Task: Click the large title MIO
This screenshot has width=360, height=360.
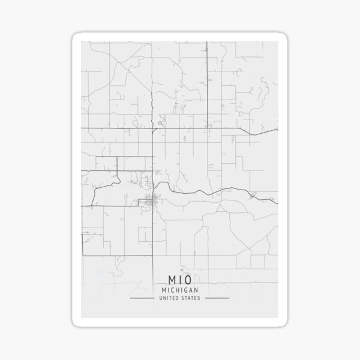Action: pos(179,280)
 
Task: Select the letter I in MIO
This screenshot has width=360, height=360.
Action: pos(180,280)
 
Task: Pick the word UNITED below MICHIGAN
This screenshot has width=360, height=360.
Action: pos(170,298)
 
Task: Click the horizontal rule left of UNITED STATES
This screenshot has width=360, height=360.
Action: pos(142,298)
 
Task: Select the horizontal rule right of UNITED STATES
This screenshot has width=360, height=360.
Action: pos(217,298)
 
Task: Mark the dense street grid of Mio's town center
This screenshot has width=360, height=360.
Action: pos(155,200)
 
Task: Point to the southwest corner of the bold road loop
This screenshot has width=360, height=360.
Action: pos(82,255)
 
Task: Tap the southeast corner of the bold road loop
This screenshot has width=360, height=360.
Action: pos(154,255)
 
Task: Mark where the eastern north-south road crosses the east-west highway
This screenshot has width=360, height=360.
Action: pos(208,129)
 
